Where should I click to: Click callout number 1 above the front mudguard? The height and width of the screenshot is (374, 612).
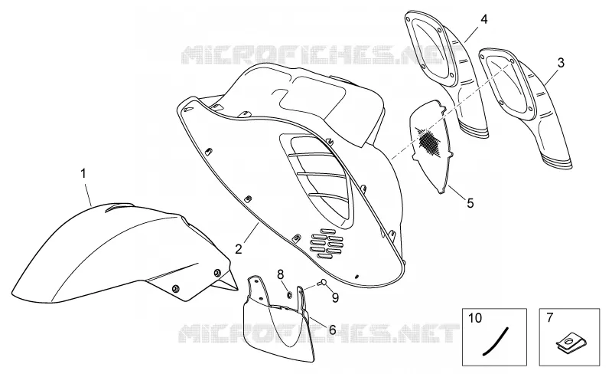[83, 173]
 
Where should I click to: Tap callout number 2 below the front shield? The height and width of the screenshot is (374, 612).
[239, 248]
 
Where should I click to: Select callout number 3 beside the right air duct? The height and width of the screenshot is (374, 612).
[561, 63]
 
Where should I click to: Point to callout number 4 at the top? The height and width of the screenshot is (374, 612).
[484, 19]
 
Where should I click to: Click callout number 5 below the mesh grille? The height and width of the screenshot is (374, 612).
[470, 203]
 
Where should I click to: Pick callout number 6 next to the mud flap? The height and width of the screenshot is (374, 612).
[332, 330]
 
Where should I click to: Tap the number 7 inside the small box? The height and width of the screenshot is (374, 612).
[549, 317]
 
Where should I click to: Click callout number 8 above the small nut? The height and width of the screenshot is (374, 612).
[281, 274]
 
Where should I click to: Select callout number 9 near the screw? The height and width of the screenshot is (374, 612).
[335, 297]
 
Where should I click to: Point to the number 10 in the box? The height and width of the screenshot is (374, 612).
[475, 317]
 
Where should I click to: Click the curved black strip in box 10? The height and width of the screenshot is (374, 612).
[496, 341]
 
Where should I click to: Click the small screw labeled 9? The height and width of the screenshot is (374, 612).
[322, 282]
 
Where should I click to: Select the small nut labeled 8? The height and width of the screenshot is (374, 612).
[290, 294]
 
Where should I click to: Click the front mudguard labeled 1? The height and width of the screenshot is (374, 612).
[121, 254]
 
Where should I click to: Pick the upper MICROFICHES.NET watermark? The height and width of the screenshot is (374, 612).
[314, 54]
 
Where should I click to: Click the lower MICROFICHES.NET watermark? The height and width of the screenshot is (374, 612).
[317, 333]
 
